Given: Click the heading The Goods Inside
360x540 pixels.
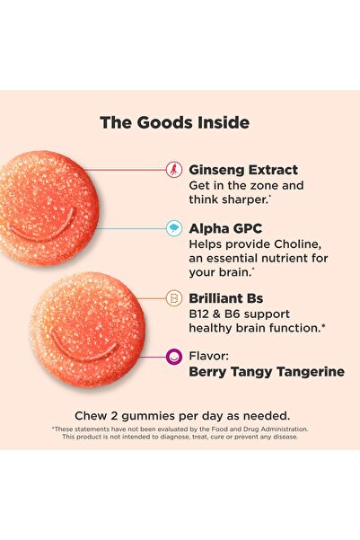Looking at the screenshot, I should (174, 123).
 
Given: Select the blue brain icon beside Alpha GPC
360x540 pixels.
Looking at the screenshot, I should (172, 228).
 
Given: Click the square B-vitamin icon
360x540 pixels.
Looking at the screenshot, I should (172, 297).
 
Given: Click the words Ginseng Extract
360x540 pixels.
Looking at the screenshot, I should (243, 169).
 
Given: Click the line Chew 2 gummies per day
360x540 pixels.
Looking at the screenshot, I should (180, 416).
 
